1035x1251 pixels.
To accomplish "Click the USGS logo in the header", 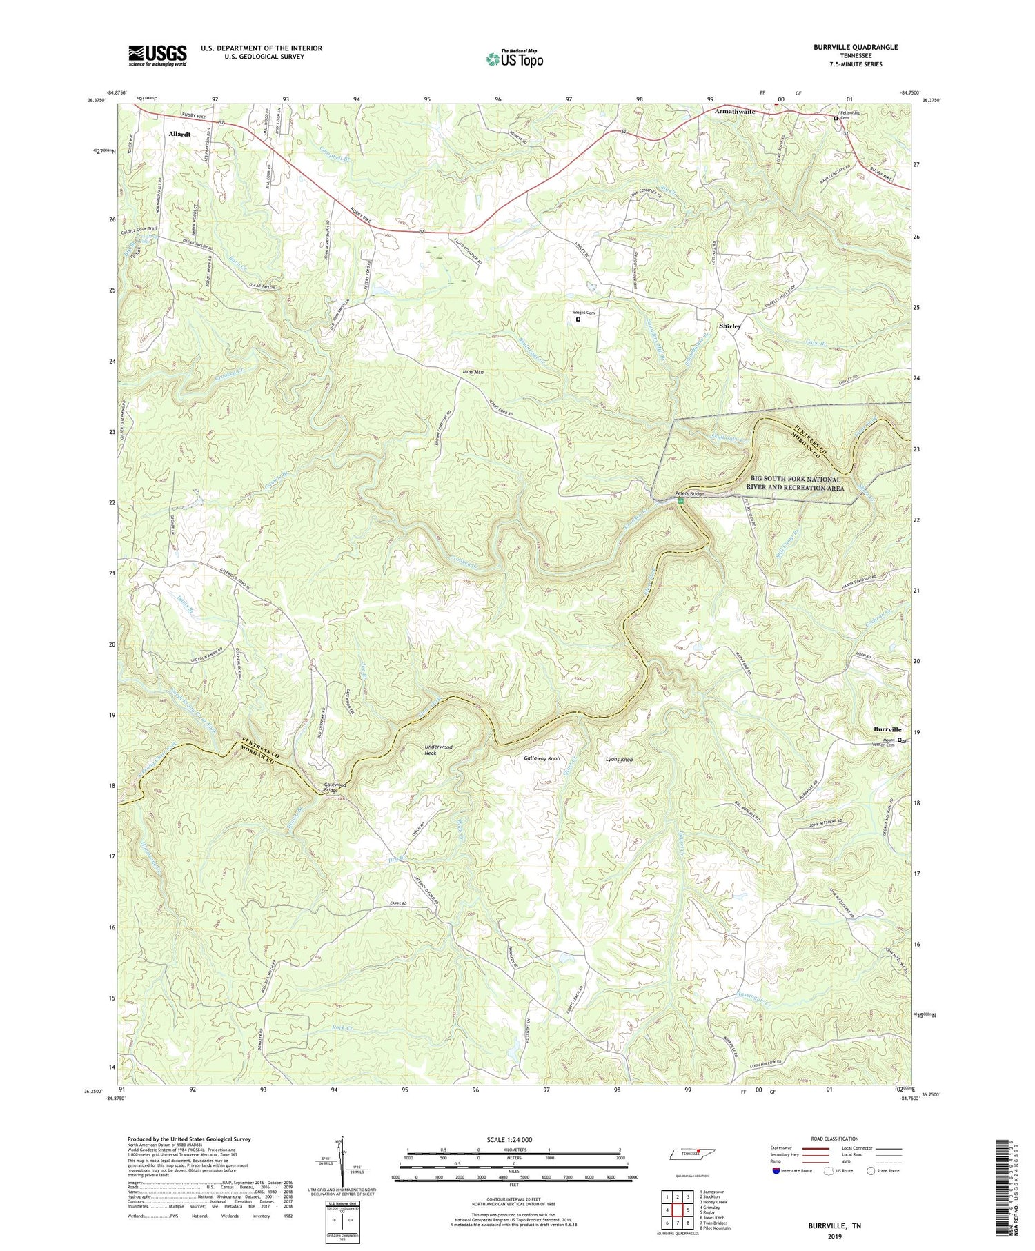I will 157,55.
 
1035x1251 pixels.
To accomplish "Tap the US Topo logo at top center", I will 514,59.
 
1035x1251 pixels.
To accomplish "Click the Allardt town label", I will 179,134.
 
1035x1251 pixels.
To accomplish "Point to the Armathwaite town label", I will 735,111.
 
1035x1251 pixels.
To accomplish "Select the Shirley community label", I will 730,326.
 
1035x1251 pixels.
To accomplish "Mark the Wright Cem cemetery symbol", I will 578,319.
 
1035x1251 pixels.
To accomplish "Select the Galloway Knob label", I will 542,758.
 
